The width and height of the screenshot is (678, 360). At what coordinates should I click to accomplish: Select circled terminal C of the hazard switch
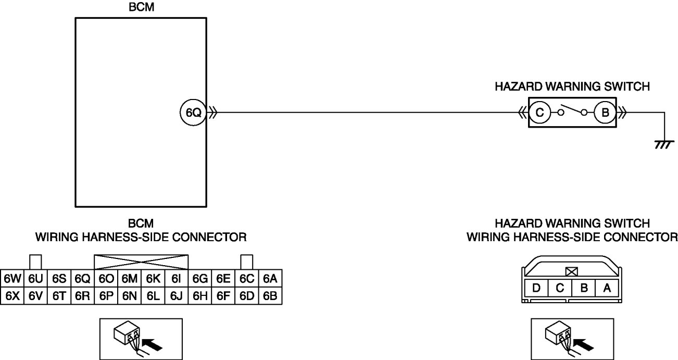540,112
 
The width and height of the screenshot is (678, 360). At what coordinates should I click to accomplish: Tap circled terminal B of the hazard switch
605,112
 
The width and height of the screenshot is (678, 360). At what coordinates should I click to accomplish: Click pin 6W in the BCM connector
11,279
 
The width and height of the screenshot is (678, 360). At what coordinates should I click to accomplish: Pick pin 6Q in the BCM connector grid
82,279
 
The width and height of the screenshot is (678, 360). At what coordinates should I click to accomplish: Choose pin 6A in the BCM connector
270,279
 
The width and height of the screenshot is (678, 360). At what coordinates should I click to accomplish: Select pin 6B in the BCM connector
270,296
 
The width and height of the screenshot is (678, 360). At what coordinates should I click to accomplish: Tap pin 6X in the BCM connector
11,296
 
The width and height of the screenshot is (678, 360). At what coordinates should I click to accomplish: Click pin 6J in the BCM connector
176,296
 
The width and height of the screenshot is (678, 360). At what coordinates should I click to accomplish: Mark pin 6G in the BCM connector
200,279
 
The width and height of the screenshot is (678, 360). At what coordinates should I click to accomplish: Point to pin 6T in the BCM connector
59,296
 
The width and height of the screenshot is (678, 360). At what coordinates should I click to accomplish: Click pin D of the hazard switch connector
536,287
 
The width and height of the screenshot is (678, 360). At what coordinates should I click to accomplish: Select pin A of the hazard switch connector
606,287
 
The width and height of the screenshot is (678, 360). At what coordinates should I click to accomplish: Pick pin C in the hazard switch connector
560,287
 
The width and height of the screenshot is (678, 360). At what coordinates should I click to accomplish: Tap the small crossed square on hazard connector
571,271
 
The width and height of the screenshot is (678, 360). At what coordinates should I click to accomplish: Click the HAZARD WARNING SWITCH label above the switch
572,86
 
